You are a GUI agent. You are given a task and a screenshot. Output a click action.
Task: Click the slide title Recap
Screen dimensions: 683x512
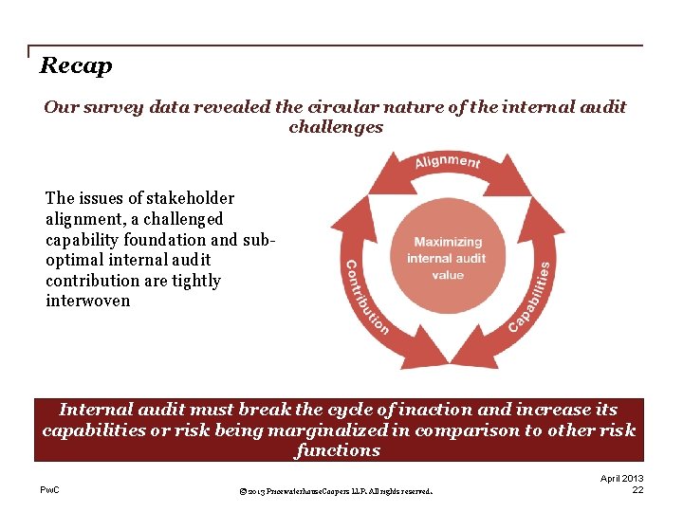[x=76, y=65]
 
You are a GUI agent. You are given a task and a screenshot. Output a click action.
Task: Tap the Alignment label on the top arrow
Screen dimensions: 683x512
[x=447, y=162]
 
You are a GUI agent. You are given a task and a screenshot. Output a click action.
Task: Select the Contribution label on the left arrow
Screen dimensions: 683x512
[x=365, y=296]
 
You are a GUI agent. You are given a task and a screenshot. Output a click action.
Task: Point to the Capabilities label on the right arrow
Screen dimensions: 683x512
[x=529, y=297]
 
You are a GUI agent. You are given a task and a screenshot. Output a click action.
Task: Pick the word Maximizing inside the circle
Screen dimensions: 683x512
[x=448, y=242]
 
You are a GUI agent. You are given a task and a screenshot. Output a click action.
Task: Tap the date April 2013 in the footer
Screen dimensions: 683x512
[x=622, y=478]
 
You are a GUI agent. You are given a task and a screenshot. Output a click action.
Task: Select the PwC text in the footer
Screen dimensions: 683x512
[x=50, y=489]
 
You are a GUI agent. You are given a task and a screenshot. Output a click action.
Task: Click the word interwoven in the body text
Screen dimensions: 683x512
[x=88, y=301]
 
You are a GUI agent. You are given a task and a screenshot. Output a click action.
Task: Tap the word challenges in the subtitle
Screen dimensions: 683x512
[x=336, y=127]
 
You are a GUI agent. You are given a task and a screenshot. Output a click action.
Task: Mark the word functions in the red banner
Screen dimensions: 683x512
[x=338, y=450]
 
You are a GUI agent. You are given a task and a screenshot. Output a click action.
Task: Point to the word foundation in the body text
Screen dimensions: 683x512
[x=179, y=239]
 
